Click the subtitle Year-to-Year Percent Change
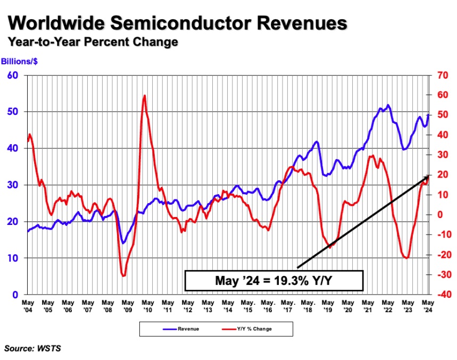92,42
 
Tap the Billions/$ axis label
19,61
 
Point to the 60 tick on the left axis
12,76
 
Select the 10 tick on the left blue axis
12,258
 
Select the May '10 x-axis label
147,306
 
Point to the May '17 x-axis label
288,306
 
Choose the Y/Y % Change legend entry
248,329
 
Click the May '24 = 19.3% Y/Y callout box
273,280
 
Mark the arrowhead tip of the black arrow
429,175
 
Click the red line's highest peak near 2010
144,96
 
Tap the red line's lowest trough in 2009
123,275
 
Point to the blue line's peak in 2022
388,105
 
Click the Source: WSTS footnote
32,348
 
